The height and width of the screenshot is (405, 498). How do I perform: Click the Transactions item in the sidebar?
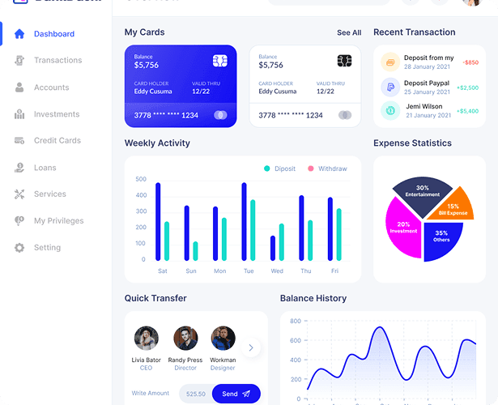[57, 61]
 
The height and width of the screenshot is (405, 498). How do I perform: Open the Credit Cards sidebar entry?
[57, 141]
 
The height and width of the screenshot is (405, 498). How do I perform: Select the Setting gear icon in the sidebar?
[19, 248]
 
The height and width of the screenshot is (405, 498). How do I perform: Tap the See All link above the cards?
[349, 33]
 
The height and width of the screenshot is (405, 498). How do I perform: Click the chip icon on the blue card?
[219, 61]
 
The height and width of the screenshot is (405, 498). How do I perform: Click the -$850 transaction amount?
[470, 62]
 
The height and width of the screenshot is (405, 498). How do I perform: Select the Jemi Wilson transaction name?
[424, 106]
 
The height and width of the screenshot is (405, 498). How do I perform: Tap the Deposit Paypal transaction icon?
[390, 87]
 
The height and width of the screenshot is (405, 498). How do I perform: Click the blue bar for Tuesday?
[244, 221]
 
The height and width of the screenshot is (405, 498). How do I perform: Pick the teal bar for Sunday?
[195, 250]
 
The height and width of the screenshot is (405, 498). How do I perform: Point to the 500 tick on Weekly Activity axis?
[141, 179]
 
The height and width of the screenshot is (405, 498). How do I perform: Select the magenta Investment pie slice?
[403, 228]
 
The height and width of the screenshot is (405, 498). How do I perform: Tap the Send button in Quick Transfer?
[236, 394]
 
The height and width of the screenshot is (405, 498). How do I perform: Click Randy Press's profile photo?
[185, 338]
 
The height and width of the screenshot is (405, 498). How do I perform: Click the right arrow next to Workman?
[251, 347]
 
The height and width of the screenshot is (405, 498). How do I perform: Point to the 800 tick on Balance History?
[296, 322]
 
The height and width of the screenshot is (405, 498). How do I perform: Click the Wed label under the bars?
[277, 271]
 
